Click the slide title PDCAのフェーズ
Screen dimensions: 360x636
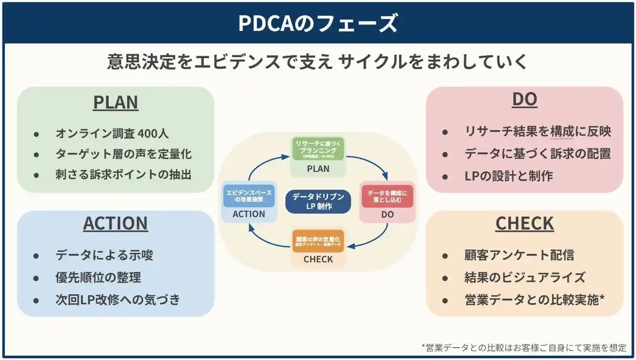[318, 23]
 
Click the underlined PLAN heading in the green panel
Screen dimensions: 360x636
[116, 102]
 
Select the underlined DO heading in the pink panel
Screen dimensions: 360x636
[525, 100]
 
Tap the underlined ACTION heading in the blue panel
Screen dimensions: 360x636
[115, 224]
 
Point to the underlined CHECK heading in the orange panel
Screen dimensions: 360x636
[525, 224]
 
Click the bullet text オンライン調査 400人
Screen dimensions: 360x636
[112, 134]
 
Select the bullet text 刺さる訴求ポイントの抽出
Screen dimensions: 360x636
[123, 174]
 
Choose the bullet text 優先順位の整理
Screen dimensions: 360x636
[98, 278]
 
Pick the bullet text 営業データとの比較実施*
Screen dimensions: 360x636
[535, 299]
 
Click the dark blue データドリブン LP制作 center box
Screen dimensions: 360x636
[318, 202]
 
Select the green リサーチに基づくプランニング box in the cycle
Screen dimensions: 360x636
[318, 149]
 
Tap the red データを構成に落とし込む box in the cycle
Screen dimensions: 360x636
[387, 196]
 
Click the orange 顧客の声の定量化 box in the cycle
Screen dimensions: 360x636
[318, 242]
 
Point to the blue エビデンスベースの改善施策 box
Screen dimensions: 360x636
[249, 196]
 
